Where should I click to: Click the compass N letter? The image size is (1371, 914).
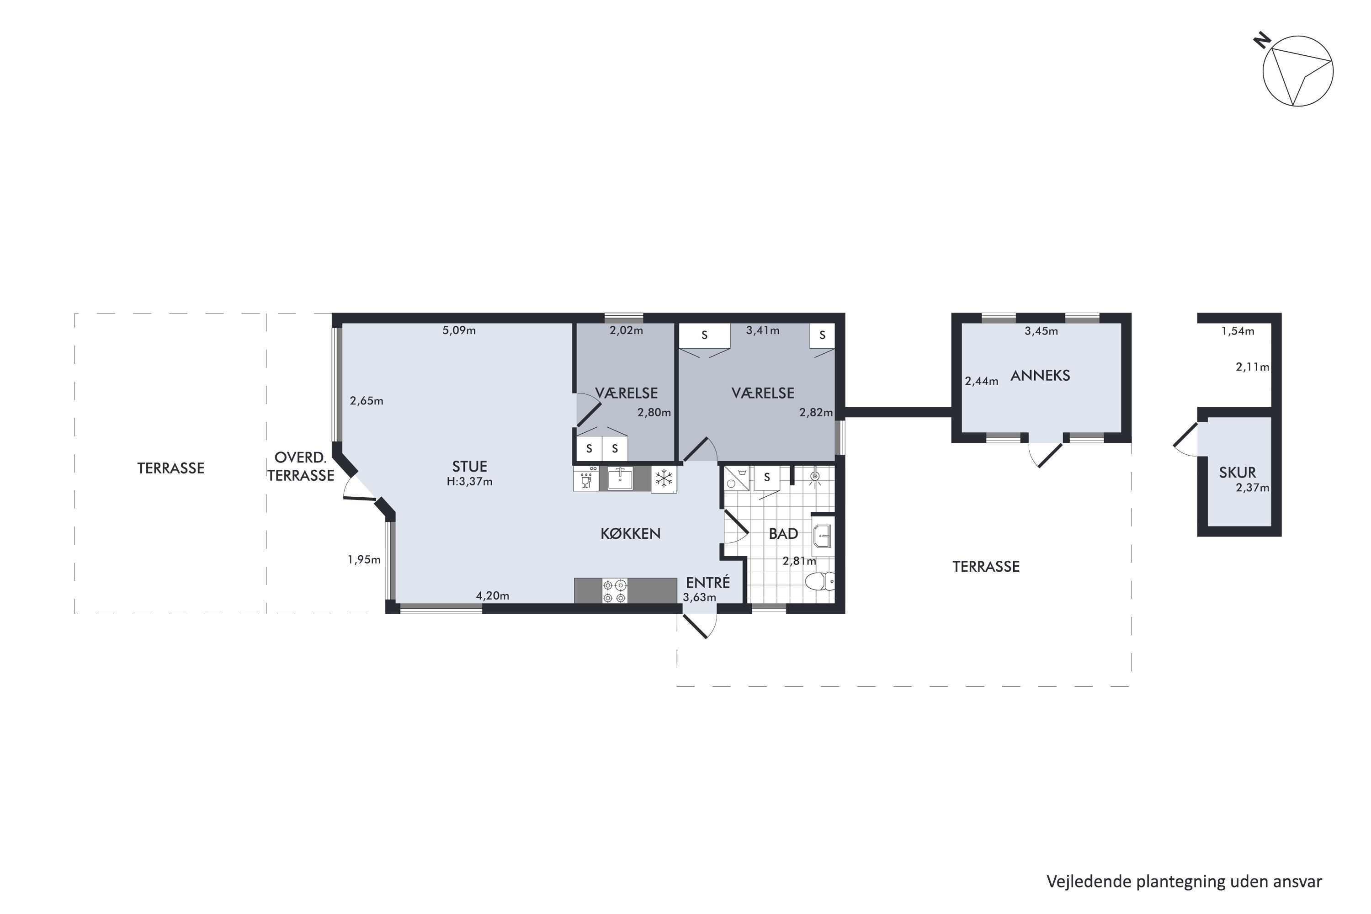point(1263,40)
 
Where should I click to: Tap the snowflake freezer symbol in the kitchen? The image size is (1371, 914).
point(664,479)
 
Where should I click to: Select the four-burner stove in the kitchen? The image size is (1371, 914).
point(615,591)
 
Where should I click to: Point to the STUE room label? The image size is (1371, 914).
point(469,466)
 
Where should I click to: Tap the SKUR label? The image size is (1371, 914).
point(1238,472)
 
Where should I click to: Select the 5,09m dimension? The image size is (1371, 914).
point(459,330)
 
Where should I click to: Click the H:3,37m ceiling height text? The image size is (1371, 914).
point(469,482)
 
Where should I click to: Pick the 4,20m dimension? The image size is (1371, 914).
point(493,596)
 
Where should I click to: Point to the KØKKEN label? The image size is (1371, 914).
point(631,533)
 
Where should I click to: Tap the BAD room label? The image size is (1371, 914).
point(783,533)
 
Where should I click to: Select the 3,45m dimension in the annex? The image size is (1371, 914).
point(1041,331)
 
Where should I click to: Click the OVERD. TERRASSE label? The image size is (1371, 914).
point(301,466)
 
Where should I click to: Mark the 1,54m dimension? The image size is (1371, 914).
point(1238,331)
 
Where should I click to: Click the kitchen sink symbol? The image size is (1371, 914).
point(620,478)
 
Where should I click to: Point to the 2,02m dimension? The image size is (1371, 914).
point(626,330)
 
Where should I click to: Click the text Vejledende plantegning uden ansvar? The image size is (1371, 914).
point(1184,882)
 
